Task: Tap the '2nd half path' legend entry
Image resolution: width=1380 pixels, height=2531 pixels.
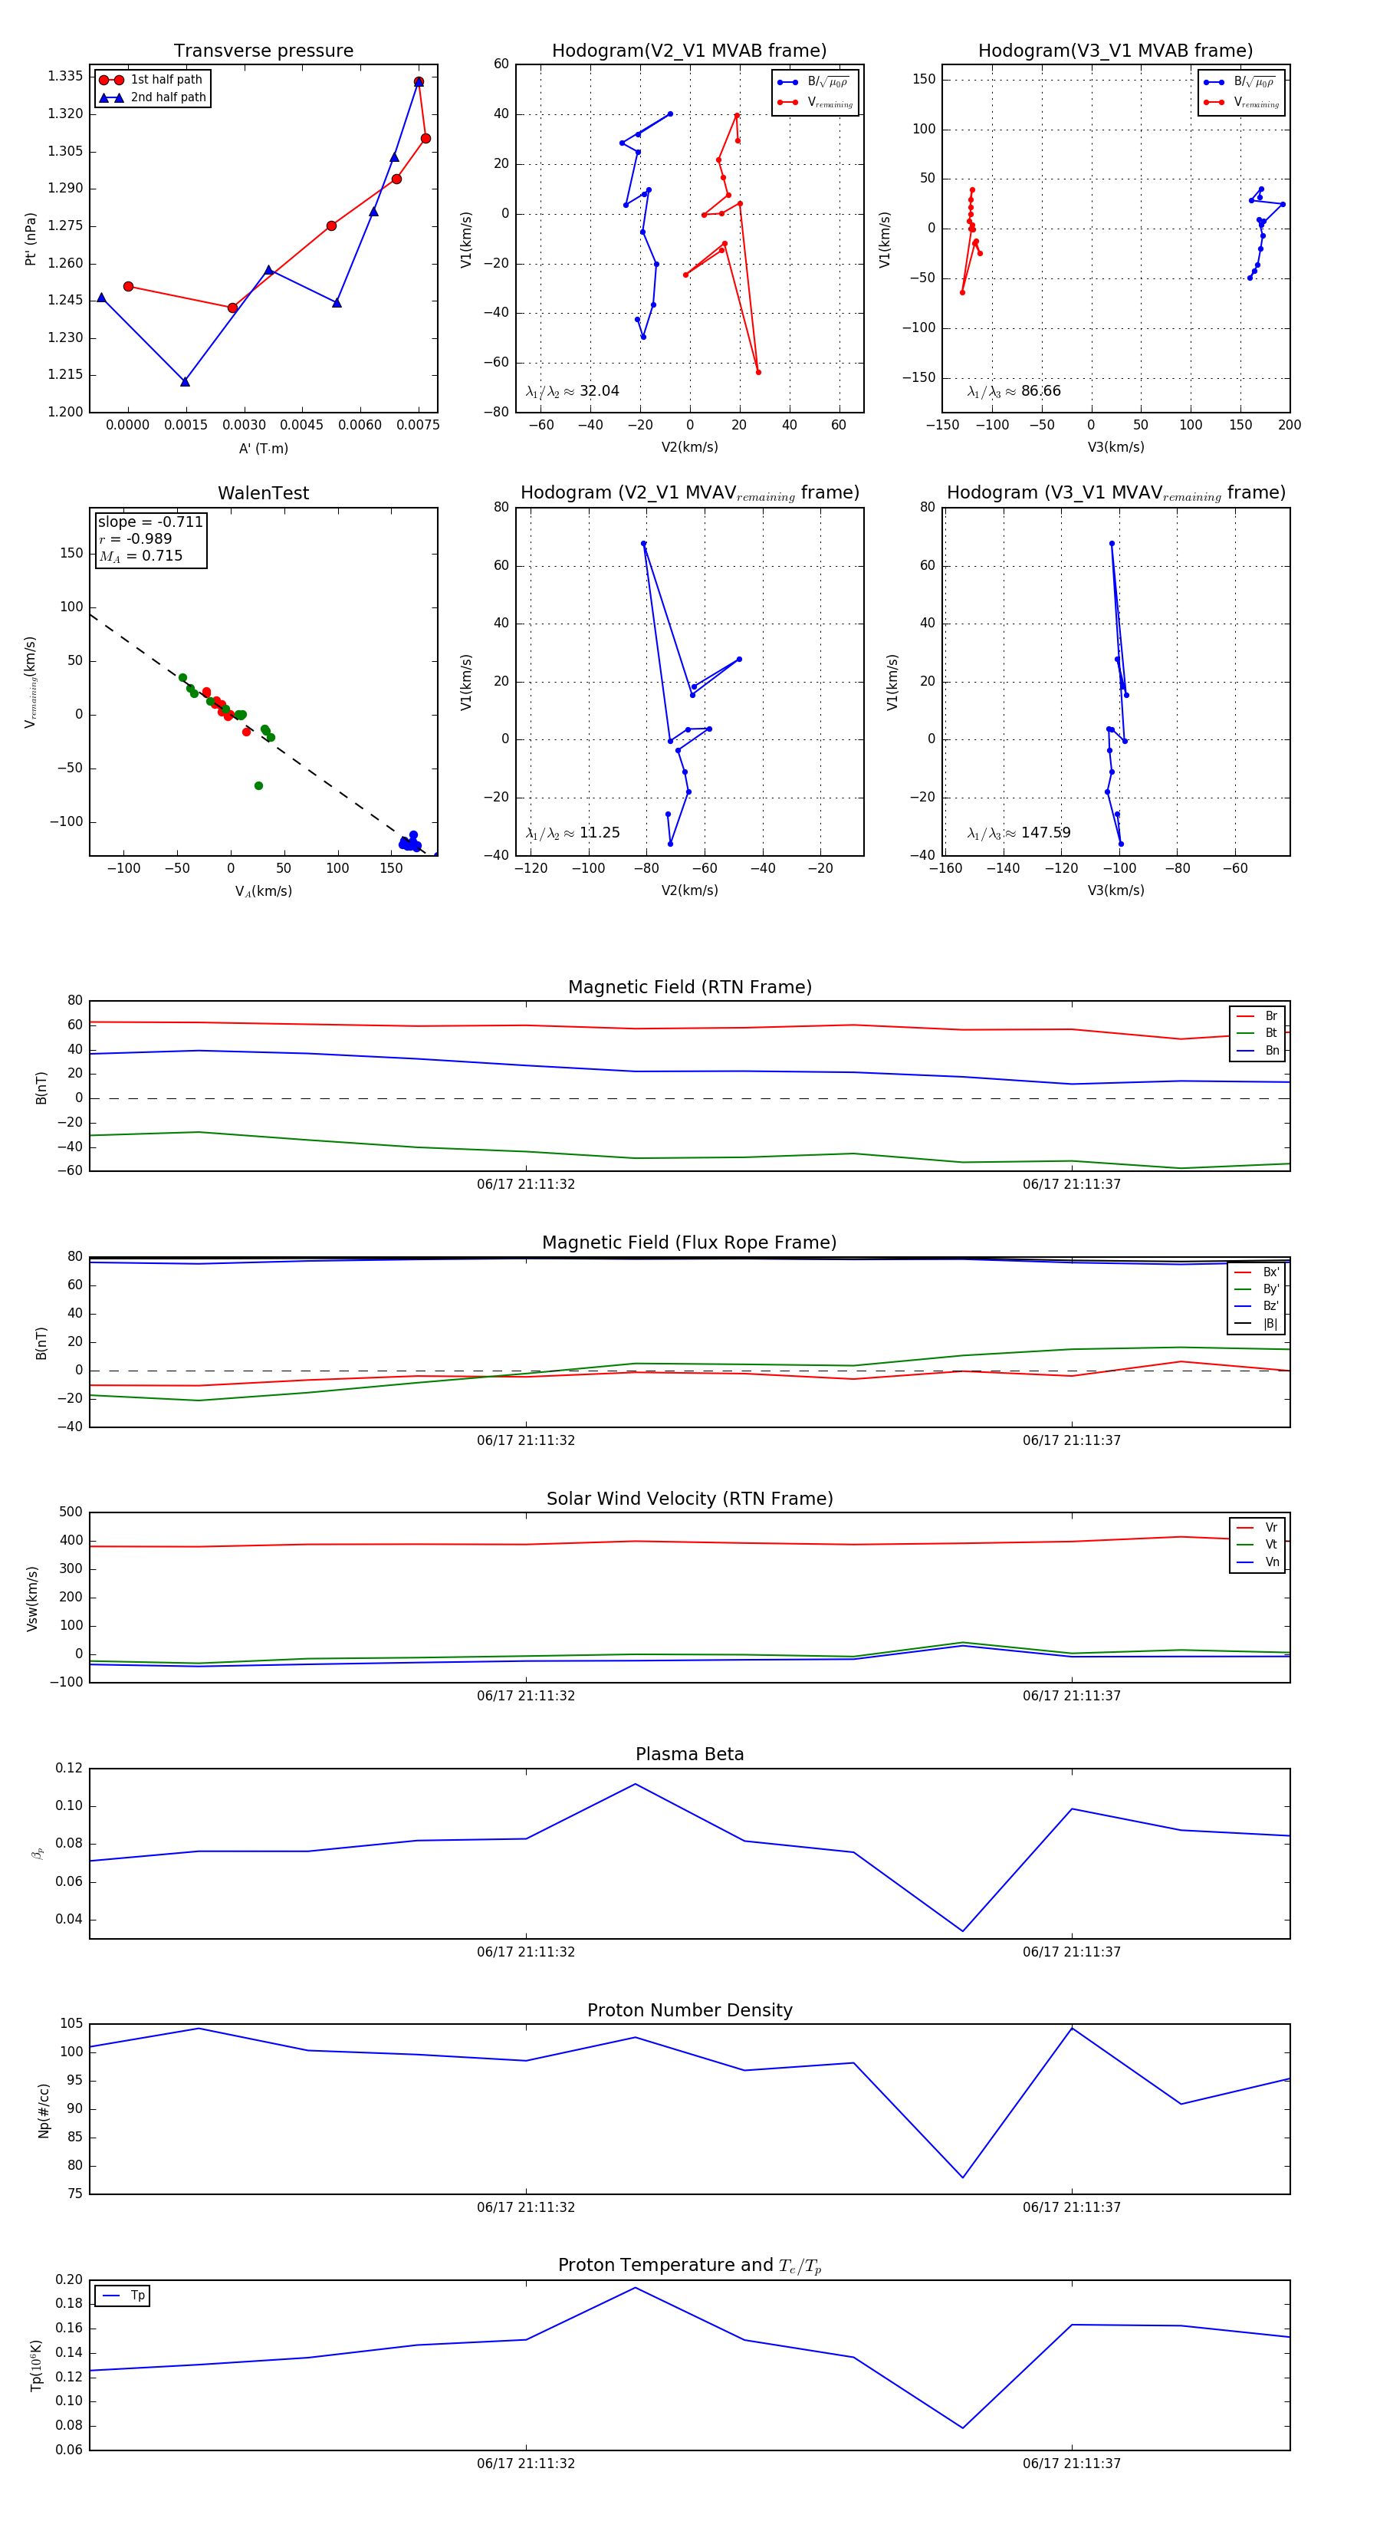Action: pyautogui.click(x=168, y=97)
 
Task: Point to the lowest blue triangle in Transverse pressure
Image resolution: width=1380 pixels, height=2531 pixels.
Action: pyautogui.click(x=185, y=381)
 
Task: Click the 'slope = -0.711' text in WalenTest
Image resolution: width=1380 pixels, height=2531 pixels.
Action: pyautogui.click(x=150, y=522)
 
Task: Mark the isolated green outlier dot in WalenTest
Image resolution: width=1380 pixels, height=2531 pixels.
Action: pyautogui.click(x=258, y=786)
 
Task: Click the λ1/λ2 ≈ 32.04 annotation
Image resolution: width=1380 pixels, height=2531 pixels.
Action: pyautogui.click(x=573, y=391)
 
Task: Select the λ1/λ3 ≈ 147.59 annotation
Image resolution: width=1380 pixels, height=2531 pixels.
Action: pyautogui.click(x=1019, y=833)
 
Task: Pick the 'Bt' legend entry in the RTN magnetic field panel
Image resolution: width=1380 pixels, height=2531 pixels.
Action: pyautogui.click(x=1271, y=1032)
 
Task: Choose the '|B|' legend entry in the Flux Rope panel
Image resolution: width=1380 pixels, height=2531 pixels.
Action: pyautogui.click(x=1270, y=1324)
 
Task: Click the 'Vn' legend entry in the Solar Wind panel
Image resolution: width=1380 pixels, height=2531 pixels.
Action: pyautogui.click(x=1272, y=1562)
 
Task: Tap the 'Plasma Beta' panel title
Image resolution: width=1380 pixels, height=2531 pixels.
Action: pyautogui.click(x=689, y=1754)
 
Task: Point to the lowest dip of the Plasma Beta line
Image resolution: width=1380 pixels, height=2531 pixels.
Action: pyautogui.click(x=963, y=1930)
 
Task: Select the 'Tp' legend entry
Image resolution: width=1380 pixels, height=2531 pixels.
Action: pyautogui.click(x=137, y=2296)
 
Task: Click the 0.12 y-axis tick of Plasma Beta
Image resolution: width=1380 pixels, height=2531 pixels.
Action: pyautogui.click(x=69, y=1769)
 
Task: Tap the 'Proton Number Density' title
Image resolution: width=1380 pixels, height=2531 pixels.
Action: pyautogui.click(x=689, y=2010)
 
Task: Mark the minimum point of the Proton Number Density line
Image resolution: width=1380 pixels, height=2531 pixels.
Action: pyautogui.click(x=963, y=2178)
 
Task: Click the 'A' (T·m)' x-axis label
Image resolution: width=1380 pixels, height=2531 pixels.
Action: pyautogui.click(x=263, y=449)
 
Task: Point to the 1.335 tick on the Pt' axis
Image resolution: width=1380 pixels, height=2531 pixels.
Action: pyautogui.click(x=65, y=77)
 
